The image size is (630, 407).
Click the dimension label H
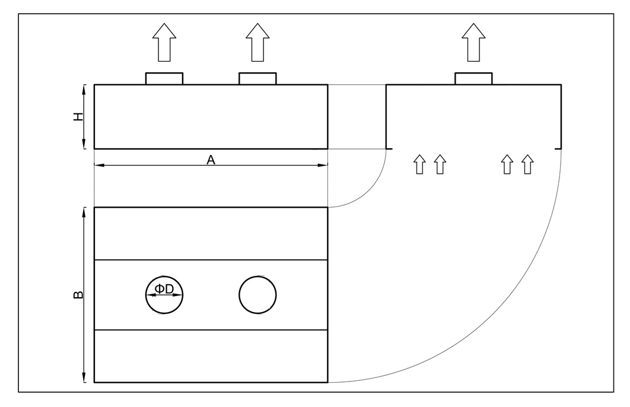coord(78,117)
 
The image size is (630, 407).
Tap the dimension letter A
coord(210,159)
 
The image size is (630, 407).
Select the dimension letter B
coord(78,294)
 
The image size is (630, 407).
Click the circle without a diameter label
coord(257,294)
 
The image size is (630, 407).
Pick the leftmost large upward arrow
coord(164,43)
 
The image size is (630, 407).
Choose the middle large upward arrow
coord(257,43)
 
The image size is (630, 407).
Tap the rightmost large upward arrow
coord(473,43)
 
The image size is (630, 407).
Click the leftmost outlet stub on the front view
coord(164,78)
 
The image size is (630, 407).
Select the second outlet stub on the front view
coord(257,78)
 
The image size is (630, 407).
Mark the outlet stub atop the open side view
coord(473,78)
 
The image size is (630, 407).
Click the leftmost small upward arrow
coord(419,164)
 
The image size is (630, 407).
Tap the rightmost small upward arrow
coord(527,164)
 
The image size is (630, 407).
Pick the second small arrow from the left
coord(440,164)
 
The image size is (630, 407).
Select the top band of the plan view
coord(211,233)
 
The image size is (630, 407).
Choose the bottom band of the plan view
coord(211,356)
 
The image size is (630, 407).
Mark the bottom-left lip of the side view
coord(389,148)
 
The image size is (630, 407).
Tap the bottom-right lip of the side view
coord(558,148)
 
